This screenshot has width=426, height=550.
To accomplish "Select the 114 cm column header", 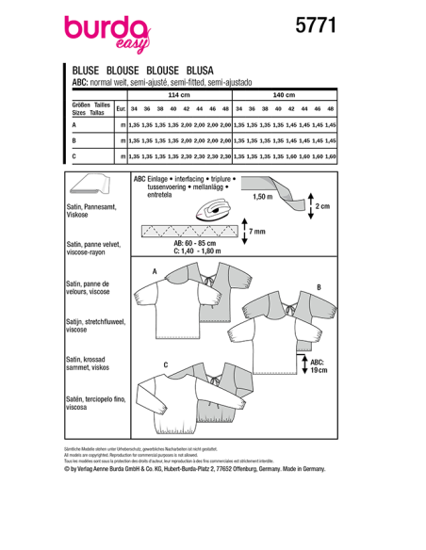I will tap(179, 96).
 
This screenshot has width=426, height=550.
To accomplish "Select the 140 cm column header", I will tap(284, 96).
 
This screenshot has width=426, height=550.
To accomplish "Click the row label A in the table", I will tap(74, 124).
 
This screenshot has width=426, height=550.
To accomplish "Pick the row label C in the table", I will tap(74, 154).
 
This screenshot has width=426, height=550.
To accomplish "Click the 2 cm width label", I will tap(323, 206).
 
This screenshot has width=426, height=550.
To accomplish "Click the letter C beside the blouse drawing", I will tap(166, 364).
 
